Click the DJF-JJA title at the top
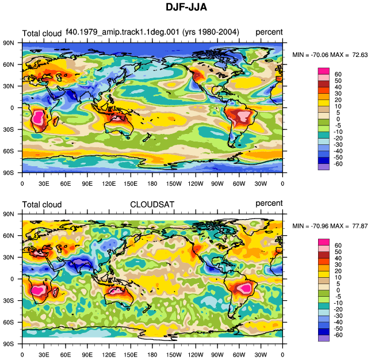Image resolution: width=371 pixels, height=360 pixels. (x=186, y=7)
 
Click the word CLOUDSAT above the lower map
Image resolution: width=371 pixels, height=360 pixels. (x=152, y=204)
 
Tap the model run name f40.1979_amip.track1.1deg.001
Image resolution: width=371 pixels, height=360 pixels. (x=123, y=32)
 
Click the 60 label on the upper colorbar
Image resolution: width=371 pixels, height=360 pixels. (x=338, y=74)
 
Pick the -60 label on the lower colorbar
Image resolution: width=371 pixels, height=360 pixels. (x=338, y=335)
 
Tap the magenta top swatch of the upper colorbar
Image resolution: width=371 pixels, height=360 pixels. (x=324, y=71)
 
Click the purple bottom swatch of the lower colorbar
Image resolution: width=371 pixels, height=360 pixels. (x=324, y=338)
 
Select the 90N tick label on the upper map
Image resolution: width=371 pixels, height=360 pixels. (x=8, y=43)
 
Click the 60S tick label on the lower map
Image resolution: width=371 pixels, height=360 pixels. (x=8, y=322)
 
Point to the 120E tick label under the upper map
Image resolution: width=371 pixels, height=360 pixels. (x=109, y=183)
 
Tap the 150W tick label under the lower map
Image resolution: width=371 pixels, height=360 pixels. (x=174, y=355)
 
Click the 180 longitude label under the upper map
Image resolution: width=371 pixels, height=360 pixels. (x=152, y=183)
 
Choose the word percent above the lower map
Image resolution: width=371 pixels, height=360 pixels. (x=269, y=204)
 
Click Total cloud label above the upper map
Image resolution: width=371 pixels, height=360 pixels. (x=42, y=33)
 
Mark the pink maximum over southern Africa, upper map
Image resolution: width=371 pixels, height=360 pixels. (x=38, y=118)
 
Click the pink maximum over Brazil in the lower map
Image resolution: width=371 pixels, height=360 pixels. (x=244, y=288)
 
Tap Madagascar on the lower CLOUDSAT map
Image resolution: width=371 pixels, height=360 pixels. (x=55, y=292)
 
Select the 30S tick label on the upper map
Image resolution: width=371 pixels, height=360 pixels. (x=8, y=129)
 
